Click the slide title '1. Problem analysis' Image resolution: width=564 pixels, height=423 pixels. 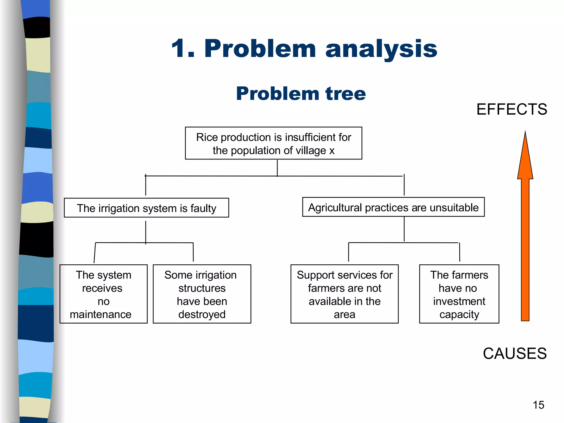[304, 49]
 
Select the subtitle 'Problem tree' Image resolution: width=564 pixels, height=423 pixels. [301, 94]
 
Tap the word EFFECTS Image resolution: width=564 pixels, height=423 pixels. [512, 109]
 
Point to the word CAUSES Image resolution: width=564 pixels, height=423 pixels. [514, 353]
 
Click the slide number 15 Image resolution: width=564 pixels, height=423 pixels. [538, 405]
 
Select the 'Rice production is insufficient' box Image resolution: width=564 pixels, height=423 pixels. [273, 143]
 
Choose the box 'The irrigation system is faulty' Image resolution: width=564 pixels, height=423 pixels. [146, 208]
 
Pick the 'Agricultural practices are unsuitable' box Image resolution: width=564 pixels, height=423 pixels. [393, 207]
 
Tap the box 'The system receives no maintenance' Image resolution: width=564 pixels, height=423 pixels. [103, 294]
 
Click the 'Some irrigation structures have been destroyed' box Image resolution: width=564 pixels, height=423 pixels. [202, 294]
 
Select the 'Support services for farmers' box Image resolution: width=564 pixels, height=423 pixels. [344, 294]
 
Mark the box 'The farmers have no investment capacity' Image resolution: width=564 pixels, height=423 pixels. [459, 294]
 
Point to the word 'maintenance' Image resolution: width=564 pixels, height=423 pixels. [101, 314]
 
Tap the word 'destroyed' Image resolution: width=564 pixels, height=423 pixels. [202, 314]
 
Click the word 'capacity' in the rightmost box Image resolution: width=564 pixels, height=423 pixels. [459, 314]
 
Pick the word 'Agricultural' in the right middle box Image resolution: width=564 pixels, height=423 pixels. [335, 208]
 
